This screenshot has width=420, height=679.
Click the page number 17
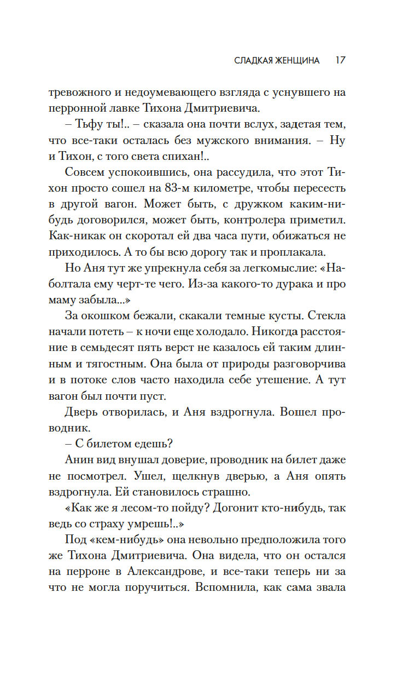(x=340, y=60)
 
